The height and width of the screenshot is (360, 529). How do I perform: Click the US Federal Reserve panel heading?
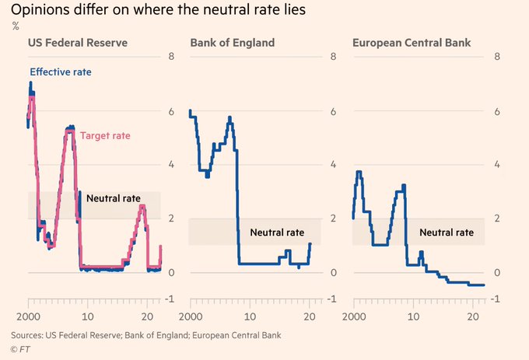tap(78, 43)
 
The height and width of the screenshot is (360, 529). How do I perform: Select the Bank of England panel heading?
tap(233, 43)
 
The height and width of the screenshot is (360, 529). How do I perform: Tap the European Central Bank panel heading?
tap(407, 43)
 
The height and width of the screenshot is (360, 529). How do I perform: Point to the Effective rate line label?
tap(61, 72)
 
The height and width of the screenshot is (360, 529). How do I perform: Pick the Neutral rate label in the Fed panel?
tap(114, 198)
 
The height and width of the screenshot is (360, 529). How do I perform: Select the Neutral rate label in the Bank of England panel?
tap(276, 232)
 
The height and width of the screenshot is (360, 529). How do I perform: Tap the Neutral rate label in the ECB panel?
tap(447, 232)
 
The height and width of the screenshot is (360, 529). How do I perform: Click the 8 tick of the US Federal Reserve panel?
tap(171, 58)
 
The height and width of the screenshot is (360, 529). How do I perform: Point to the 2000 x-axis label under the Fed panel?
tap(28, 317)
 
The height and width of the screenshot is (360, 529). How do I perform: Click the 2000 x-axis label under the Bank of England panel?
tap(191, 317)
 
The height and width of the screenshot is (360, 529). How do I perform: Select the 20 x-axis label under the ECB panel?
tap(472, 317)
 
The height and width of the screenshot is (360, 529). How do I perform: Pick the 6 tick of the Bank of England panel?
tap(333, 111)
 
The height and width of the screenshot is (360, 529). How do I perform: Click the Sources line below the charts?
tap(146, 335)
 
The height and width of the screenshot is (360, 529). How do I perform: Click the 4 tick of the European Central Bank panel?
tap(497, 165)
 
